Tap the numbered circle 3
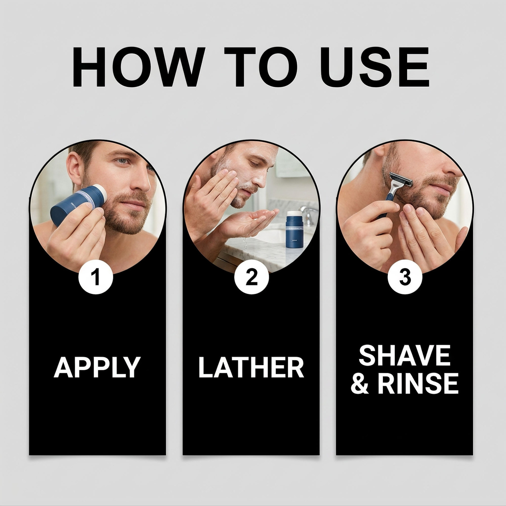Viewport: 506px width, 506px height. click(405, 277)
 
